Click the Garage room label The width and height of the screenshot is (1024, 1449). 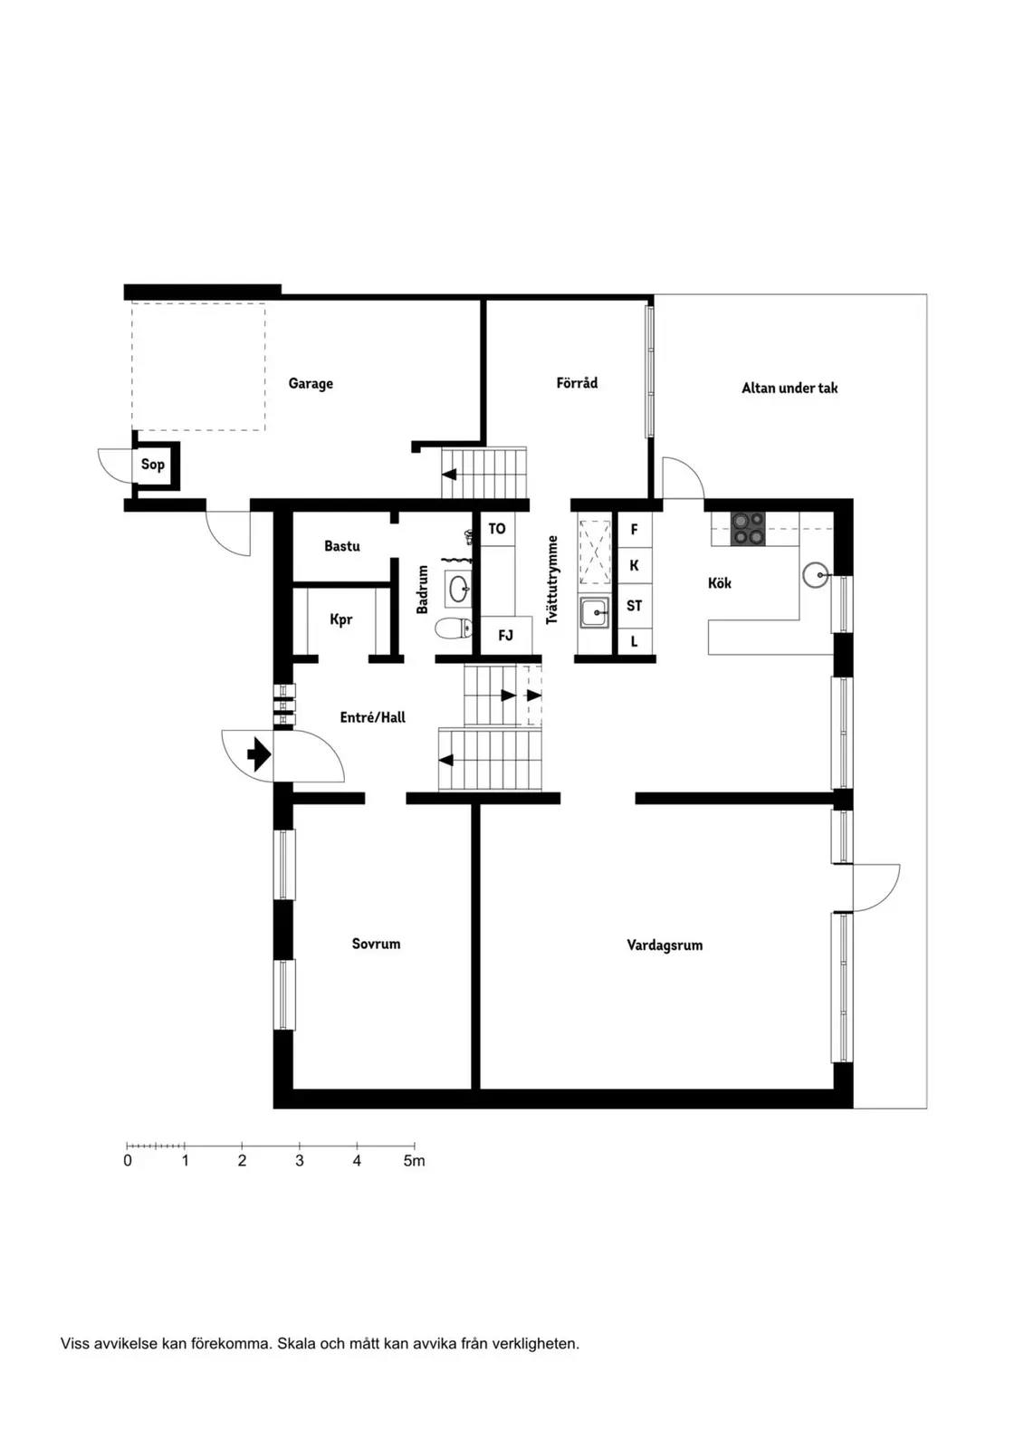tap(311, 384)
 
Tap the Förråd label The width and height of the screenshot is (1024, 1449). tap(577, 382)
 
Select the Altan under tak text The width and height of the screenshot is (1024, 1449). tap(790, 389)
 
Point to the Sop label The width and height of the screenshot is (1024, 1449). tap(153, 465)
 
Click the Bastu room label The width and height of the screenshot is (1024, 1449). tap(342, 546)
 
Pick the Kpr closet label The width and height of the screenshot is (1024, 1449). tap(341, 619)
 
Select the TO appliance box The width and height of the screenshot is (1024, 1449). tap(497, 529)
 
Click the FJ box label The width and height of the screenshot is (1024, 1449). tap(505, 636)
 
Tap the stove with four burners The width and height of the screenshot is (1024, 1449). tap(749, 529)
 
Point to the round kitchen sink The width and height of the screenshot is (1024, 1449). tap(816, 574)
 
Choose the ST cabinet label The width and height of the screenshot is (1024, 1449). tap(634, 606)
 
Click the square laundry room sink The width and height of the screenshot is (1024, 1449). tap(595, 612)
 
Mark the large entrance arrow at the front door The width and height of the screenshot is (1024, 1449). tap(260, 755)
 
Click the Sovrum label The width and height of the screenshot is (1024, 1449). tap(376, 944)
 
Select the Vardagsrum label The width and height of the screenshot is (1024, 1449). tap(665, 945)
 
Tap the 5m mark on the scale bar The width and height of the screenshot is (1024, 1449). tap(414, 1161)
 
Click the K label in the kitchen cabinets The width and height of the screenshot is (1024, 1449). tap(634, 565)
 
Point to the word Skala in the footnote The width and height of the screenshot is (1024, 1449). tap(296, 1358)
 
